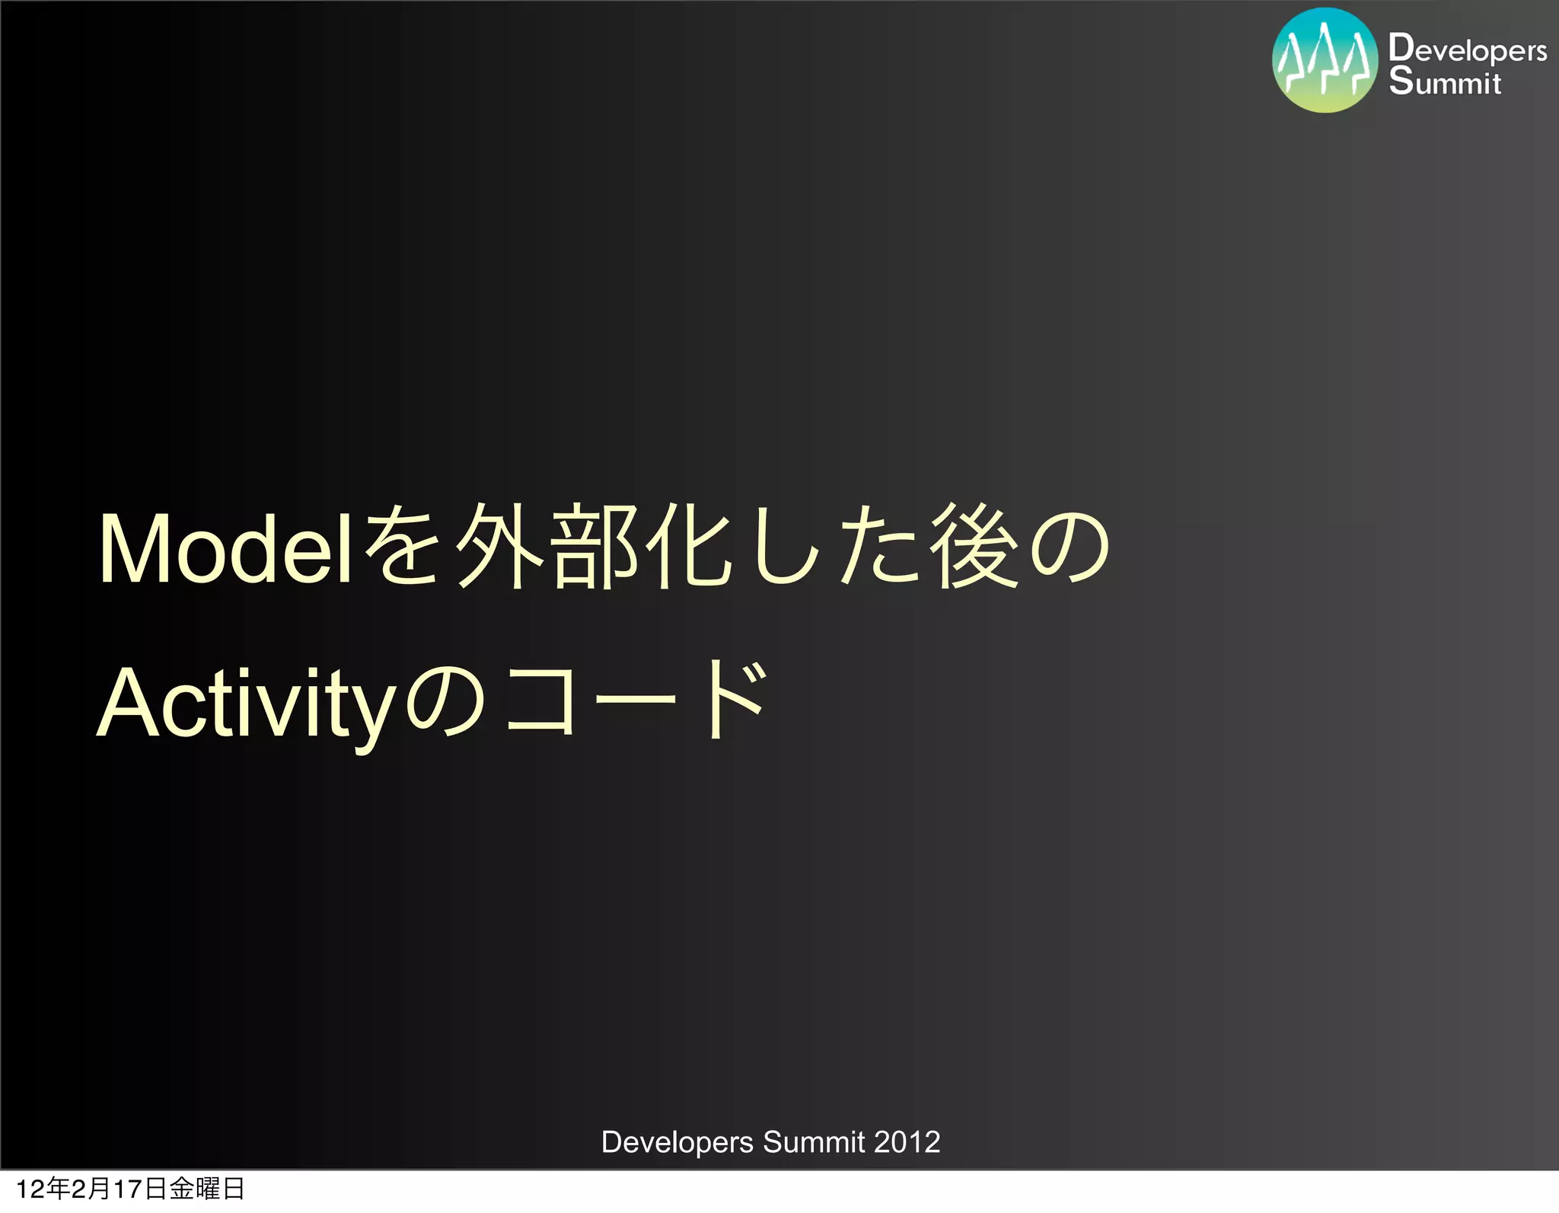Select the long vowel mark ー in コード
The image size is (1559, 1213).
click(636, 699)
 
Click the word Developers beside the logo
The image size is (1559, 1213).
click(1467, 49)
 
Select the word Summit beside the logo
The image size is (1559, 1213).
click(1444, 81)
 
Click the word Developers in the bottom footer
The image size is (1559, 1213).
click(677, 1142)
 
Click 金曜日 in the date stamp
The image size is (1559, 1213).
click(206, 1189)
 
